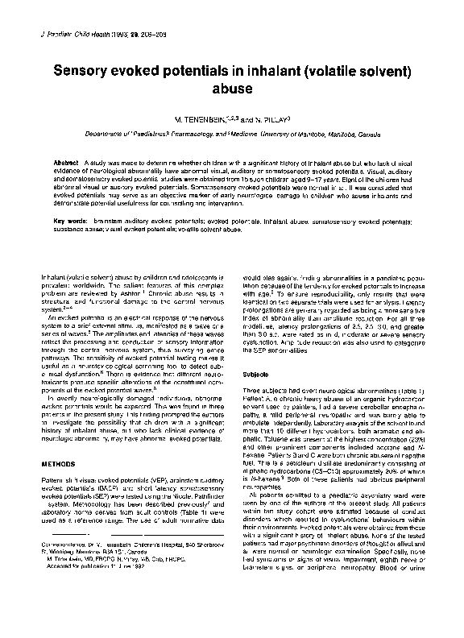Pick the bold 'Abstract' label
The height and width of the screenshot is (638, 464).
pos(68,162)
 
